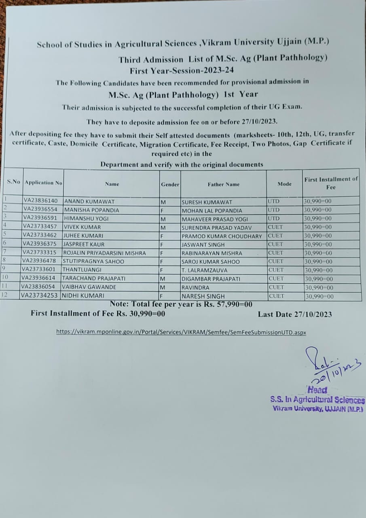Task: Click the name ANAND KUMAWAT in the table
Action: click(89, 201)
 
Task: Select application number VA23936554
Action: click(40, 209)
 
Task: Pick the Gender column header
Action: click(170, 184)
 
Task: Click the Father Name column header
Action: click(224, 184)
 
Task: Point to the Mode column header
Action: click(284, 184)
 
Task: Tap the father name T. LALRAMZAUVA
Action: click(205, 270)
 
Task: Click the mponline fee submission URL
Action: click(181, 332)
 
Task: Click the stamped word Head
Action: click(317, 390)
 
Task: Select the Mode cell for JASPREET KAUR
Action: click(276, 244)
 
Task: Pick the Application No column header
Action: click(43, 183)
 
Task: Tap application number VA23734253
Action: click(40, 295)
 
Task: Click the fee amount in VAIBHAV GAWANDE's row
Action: click(319, 287)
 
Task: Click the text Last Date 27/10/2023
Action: click(295, 314)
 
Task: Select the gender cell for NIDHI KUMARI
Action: click(161, 296)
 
